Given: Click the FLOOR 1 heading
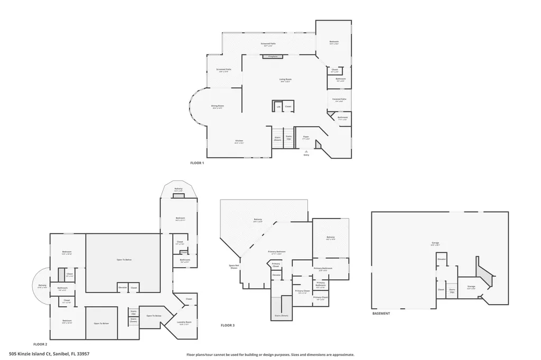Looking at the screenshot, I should tap(197, 163).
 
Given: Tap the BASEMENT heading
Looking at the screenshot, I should tap(381, 314).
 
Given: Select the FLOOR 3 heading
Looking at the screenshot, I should tap(228, 325).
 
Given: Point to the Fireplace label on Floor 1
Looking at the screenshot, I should tap(273, 56).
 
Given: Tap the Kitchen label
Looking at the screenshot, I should tap(239, 141).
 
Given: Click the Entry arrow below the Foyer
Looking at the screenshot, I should tap(306, 151).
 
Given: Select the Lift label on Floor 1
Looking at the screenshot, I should tap(278, 107).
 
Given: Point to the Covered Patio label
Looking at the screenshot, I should tap(339, 100).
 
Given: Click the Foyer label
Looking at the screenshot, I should tap(305, 137).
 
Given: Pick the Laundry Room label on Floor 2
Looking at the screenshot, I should tap(184, 323).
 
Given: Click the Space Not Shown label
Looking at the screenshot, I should tap(234, 267).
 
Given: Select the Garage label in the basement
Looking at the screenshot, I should tap(435, 243).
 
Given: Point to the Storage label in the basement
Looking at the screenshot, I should tap(470, 287).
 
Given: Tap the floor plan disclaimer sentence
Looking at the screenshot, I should tap(270, 355).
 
